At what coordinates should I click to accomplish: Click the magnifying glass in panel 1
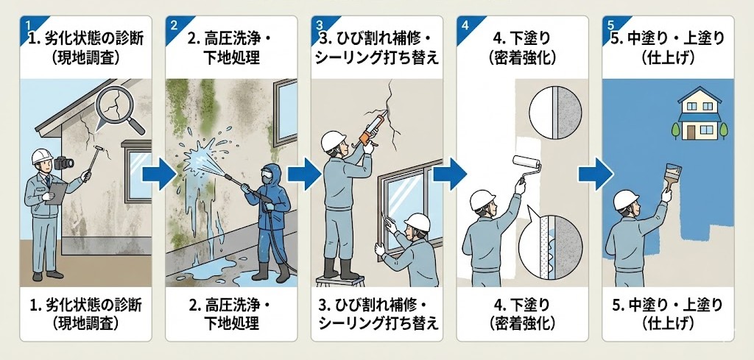click(x=118, y=110)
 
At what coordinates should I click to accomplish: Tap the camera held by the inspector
click(x=64, y=163)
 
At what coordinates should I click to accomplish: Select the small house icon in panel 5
click(x=700, y=114)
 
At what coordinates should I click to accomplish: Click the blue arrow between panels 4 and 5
click(x=595, y=174)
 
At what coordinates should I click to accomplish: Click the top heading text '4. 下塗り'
click(x=522, y=38)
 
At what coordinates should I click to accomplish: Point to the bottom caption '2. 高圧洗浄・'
click(x=230, y=306)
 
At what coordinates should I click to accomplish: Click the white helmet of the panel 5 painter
click(x=626, y=200)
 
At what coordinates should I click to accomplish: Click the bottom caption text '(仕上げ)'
click(x=668, y=323)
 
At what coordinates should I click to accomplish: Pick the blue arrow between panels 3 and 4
click(x=450, y=174)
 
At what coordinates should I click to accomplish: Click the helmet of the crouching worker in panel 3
click(x=417, y=222)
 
